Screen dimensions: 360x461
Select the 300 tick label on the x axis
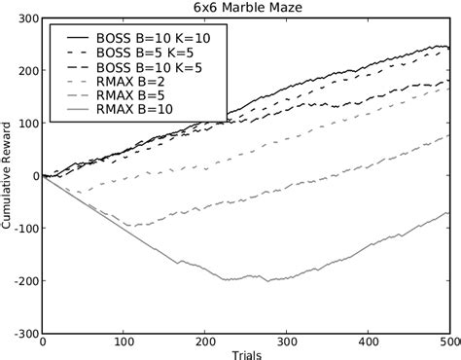[x=286, y=342]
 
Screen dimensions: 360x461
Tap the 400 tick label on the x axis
[x=368, y=342]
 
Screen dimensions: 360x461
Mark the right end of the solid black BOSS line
[x=448, y=47]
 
